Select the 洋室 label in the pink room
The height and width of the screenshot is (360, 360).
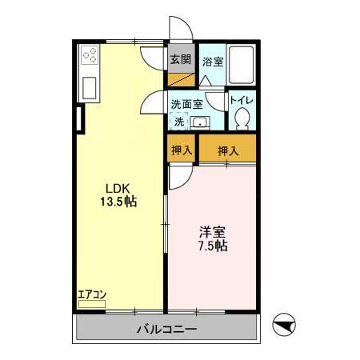click(x=211, y=232)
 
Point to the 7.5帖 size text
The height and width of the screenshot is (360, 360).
click(x=212, y=246)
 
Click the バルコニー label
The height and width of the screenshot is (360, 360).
click(x=166, y=329)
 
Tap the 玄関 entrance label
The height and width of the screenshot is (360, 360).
click(x=180, y=59)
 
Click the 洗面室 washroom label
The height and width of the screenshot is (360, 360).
click(x=186, y=103)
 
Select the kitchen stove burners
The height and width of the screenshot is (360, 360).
click(x=90, y=55)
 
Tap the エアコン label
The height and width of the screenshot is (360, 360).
click(x=92, y=294)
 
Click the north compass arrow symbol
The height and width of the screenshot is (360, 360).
click(x=286, y=326)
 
